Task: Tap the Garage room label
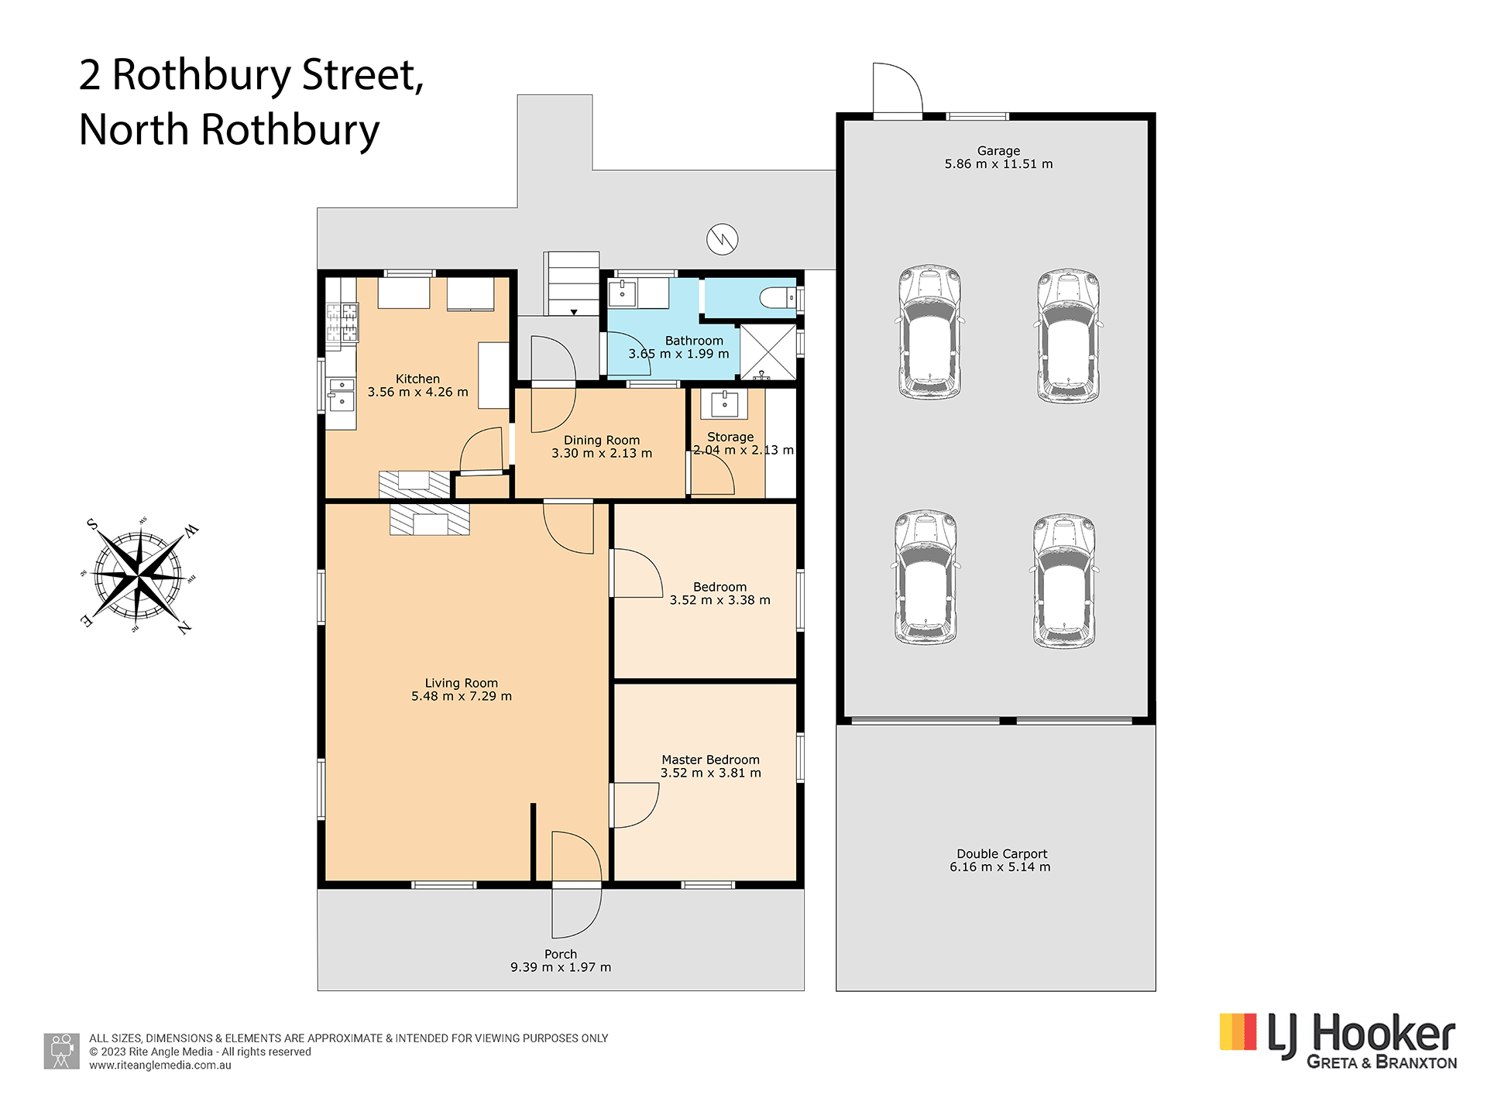[998, 151]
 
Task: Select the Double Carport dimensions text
[1000, 867]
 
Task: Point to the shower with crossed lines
[768, 352]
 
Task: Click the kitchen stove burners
[342, 323]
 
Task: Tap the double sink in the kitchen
[341, 394]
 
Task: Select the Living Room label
[461, 683]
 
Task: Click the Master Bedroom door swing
[637, 805]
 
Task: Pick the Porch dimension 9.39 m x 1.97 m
[561, 967]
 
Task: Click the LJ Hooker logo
[1338, 1041]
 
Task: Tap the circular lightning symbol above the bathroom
[722, 239]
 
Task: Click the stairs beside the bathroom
[572, 283]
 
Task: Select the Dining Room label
[601, 440]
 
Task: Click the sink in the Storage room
[724, 403]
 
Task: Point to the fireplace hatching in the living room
[429, 519]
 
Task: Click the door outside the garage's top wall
[897, 89]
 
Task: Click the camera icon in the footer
[61, 1051]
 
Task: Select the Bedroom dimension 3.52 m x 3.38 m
[719, 600]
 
